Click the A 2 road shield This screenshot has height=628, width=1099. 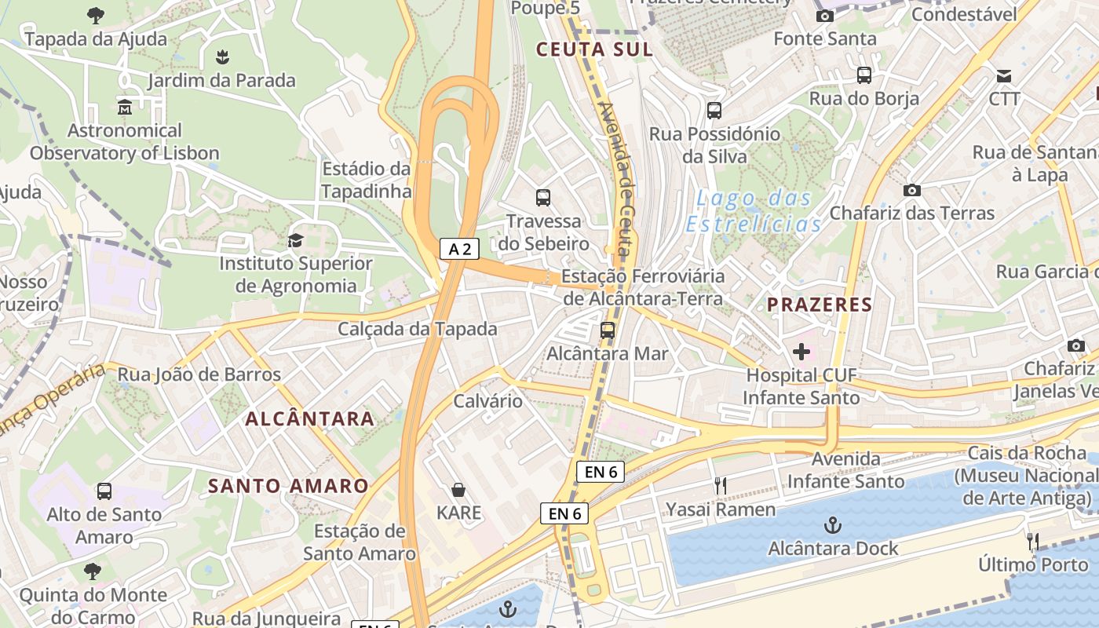point(459,250)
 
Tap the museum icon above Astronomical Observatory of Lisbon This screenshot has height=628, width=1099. point(124,107)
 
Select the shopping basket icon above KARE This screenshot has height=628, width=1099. point(458,490)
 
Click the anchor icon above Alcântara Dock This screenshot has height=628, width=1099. point(832,524)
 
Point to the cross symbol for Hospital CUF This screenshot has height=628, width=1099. point(801,352)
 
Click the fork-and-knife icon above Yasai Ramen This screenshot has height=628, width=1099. point(720,486)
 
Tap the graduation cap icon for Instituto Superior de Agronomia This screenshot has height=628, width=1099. point(295,240)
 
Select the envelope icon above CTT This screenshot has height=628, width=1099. point(1003,76)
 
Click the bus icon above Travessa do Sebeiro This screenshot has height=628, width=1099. point(542,198)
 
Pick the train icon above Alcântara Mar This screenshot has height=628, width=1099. point(607,330)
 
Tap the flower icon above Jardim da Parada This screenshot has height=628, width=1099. point(222,57)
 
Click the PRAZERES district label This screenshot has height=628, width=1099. point(819,305)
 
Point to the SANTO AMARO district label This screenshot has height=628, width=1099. point(288,486)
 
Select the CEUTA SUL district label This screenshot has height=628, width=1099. point(593,49)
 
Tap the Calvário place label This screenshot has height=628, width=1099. point(487,401)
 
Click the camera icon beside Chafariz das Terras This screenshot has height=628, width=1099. point(911,190)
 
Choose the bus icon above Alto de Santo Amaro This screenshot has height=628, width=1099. point(104,491)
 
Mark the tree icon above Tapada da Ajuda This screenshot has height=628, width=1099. point(95,15)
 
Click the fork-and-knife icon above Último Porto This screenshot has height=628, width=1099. point(1033,541)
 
